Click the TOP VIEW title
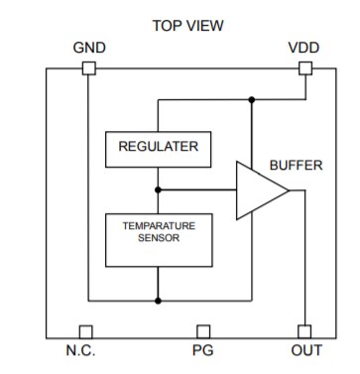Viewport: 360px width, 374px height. pyautogui.click(x=186, y=24)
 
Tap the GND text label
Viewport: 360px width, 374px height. pyautogui.click(x=89, y=48)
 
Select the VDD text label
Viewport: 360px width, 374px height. pyautogui.click(x=303, y=48)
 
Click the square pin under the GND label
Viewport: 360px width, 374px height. pyautogui.click(x=88, y=68)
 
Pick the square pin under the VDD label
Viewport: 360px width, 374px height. pyautogui.click(x=304, y=68)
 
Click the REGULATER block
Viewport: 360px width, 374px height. pyautogui.click(x=158, y=148)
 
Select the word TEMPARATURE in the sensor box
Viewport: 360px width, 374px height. pyautogui.click(x=159, y=226)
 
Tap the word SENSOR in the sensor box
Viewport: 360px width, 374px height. pyautogui.click(x=159, y=239)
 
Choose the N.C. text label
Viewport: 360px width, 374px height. pyautogui.click(x=85, y=350)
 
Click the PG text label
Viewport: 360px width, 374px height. pyautogui.click(x=202, y=350)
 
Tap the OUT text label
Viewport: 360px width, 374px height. pyautogui.click(x=305, y=350)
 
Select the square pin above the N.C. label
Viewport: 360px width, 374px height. pyautogui.click(x=86, y=331)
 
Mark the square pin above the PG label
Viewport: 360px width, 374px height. pyautogui.click(x=203, y=331)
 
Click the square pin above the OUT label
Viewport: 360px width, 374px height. pyautogui.click(x=304, y=331)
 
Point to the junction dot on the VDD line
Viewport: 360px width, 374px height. pyautogui.click(x=252, y=99)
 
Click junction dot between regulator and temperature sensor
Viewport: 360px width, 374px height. pyautogui.click(x=158, y=188)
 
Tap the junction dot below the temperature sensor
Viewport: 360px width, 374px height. pyautogui.click(x=158, y=300)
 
